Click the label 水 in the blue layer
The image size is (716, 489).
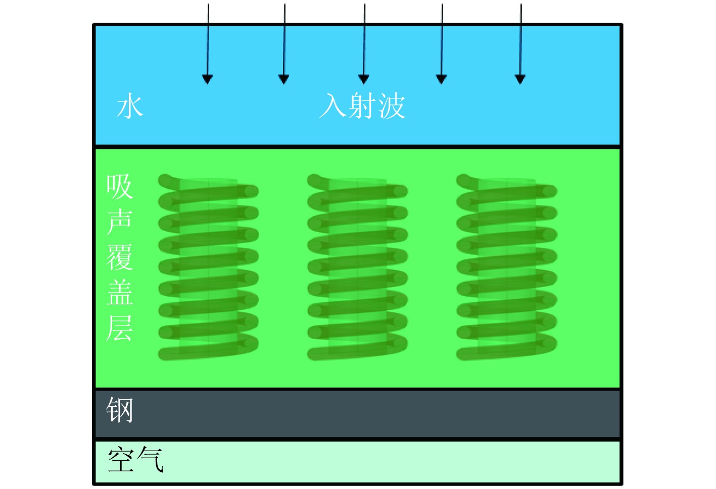click(x=130, y=106)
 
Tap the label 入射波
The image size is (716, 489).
click(x=362, y=106)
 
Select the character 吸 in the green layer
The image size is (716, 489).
click(x=119, y=187)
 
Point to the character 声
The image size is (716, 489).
click(x=119, y=222)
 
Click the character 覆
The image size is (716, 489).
click(x=119, y=257)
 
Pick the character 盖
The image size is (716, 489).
click(x=120, y=293)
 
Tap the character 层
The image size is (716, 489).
click(x=119, y=328)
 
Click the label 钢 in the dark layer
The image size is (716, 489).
click(x=120, y=410)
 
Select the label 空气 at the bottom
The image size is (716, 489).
click(x=135, y=460)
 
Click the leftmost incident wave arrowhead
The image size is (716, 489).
click(x=207, y=79)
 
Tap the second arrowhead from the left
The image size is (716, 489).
click(x=284, y=79)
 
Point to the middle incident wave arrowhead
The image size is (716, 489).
click(x=364, y=79)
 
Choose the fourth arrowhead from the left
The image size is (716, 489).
click(x=441, y=79)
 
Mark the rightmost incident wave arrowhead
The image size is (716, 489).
click(x=520, y=79)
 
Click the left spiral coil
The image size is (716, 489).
click(x=208, y=267)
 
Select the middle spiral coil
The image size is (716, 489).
click(x=358, y=267)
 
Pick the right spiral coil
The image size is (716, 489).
click(x=507, y=267)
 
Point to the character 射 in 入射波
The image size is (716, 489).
click(x=362, y=106)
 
